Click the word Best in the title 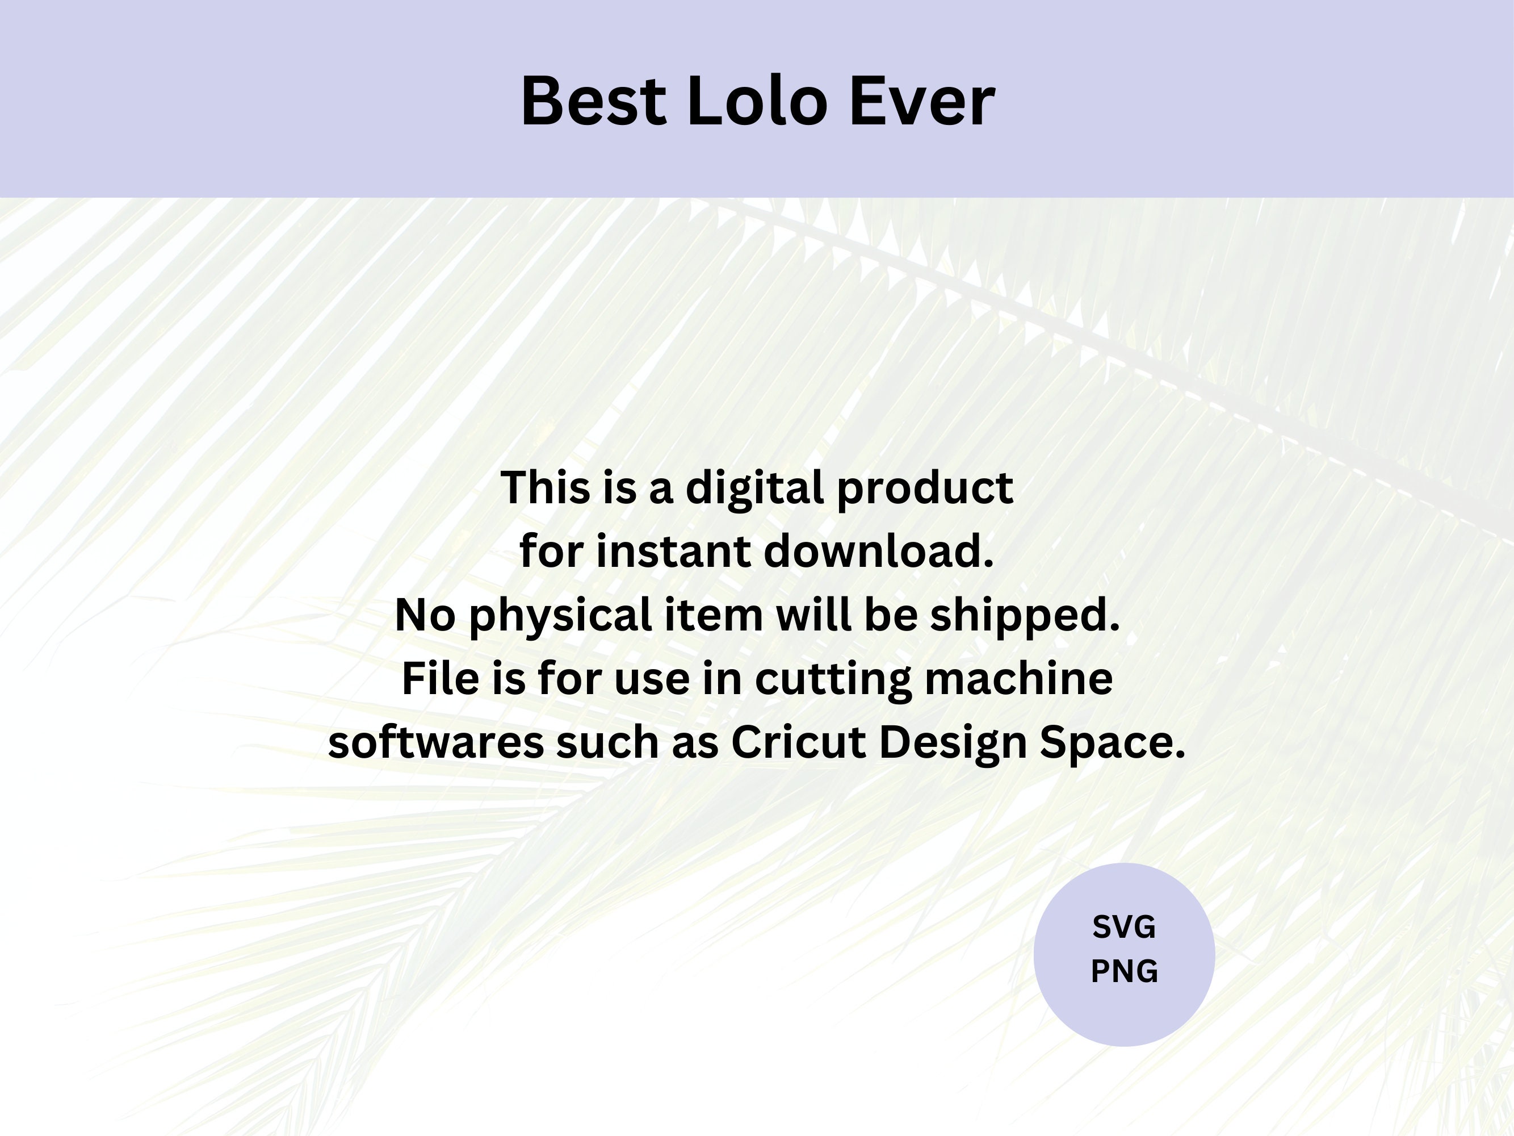(x=593, y=101)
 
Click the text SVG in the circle (x=1124, y=927)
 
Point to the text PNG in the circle (x=1124, y=971)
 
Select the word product (x=925, y=489)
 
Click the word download (x=878, y=551)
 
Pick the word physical (x=560, y=616)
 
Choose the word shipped (x=1025, y=616)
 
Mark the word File (x=440, y=678)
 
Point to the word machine (x=1018, y=678)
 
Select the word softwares (x=436, y=742)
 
